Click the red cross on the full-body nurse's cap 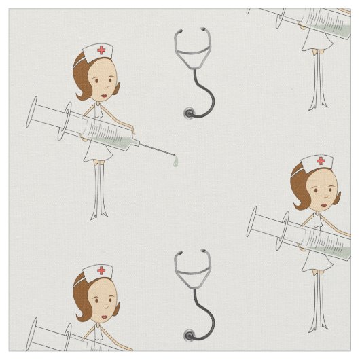click(102, 50)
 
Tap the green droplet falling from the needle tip click(175, 162)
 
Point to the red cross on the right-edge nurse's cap click(320, 161)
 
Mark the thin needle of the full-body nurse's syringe click(157, 149)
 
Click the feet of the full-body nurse click(100, 216)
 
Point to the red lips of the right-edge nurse click(323, 206)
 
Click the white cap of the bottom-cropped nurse click(97, 272)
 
